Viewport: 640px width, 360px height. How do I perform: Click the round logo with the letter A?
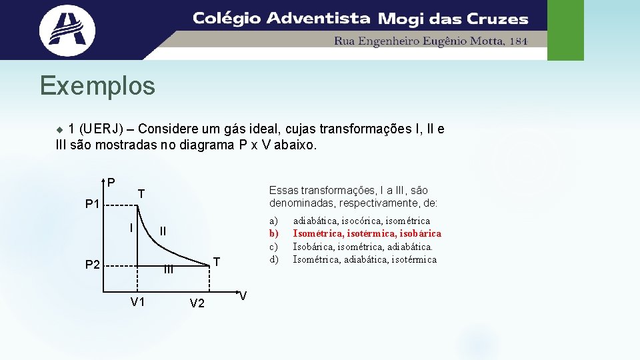(67, 29)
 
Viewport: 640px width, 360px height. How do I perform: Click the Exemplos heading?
(97, 86)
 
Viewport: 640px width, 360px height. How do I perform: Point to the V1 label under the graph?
(138, 302)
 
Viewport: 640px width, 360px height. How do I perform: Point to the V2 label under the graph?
(197, 303)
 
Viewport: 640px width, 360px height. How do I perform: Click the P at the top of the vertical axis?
(111, 183)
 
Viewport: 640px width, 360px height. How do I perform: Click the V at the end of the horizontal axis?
(243, 296)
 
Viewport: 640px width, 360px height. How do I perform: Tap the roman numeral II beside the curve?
(163, 231)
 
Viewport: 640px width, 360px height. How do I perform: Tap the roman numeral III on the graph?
(169, 269)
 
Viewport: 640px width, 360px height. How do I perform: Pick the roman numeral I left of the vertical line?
(131, 227)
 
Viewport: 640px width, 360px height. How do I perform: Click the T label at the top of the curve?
(141, 194)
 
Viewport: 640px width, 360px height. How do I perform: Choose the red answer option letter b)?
(273, 233)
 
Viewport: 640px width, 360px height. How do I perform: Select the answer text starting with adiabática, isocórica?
(361, 221)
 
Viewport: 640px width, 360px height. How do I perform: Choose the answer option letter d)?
(273, 259)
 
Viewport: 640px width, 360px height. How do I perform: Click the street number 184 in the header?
(518, 41)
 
